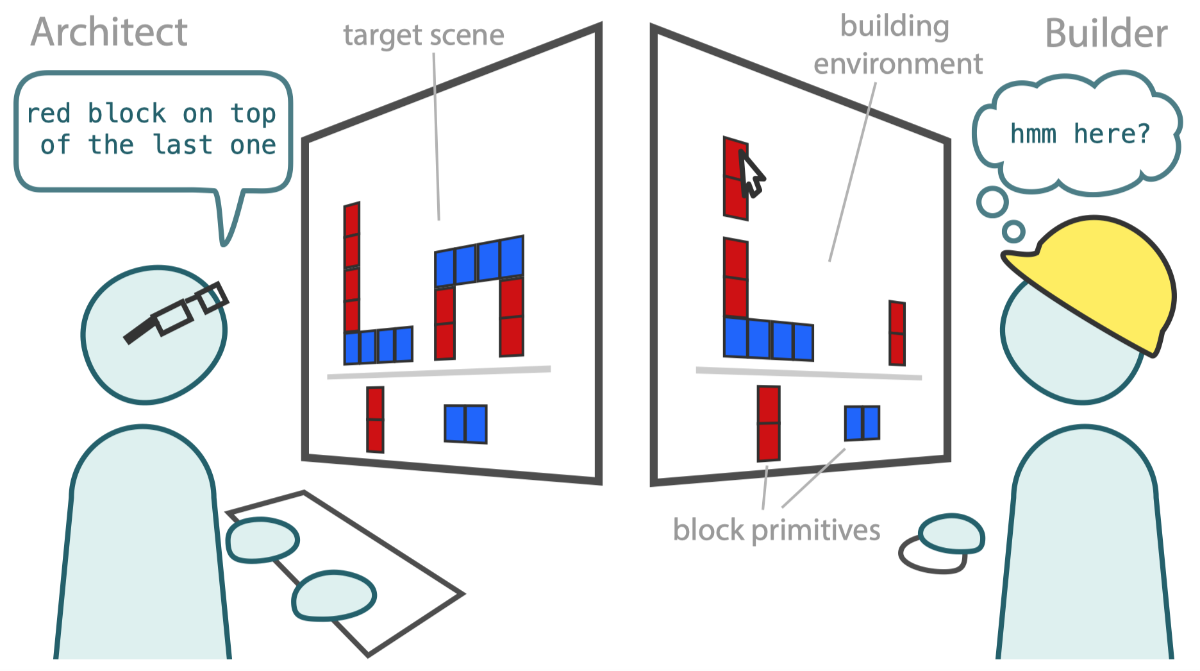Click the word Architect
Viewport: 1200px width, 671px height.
tap(109, 32)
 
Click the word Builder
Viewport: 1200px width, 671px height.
tap(1106, 33)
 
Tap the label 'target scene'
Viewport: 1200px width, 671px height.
tap(424, 35)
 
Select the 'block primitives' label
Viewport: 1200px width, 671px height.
tap(776, 531)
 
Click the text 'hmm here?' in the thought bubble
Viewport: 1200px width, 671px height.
tap(1080, 134)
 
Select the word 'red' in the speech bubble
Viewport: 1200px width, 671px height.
tap(48, 114)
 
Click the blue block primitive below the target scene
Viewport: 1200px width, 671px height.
tap(465, 424)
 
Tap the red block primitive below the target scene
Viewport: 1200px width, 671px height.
tap(375, 420)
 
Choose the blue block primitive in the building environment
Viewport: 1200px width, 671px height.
tap(862, 423)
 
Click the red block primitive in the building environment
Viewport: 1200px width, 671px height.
tap(769, 423)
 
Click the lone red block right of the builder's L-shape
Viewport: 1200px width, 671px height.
tap(897, 334)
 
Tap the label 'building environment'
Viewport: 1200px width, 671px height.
tap(897, 45)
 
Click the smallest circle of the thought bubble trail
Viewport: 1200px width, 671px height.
tap(1014, 231)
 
